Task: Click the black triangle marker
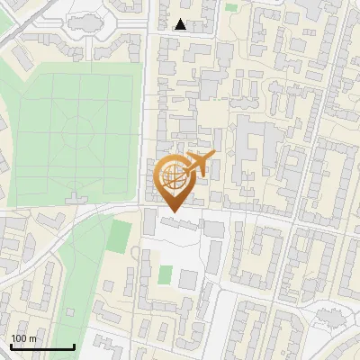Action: point(181,24)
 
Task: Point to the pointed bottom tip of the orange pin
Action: point(173,212)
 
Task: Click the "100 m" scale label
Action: point(24,338)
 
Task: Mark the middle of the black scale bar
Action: point(42,346)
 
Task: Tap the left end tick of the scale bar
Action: point(11,346)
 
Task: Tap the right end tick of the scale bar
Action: point(74,346)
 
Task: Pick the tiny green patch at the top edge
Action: point(232,7)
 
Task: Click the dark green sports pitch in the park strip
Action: point(120,236)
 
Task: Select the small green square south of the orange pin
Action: point(166,274)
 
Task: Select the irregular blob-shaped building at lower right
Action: point(331,316)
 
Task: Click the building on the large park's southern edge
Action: point(75,197)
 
